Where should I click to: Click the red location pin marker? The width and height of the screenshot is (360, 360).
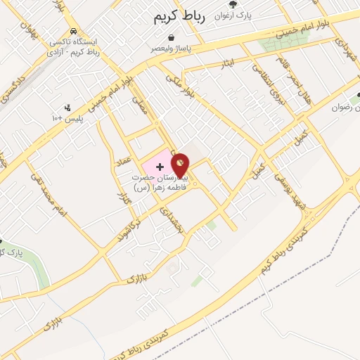coord(180,166)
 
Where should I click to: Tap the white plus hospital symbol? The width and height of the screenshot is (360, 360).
coord(160,167)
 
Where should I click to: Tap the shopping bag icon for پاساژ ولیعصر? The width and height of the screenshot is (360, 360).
coord(172,37)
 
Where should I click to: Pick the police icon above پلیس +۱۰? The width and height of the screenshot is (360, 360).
coord(67,108)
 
